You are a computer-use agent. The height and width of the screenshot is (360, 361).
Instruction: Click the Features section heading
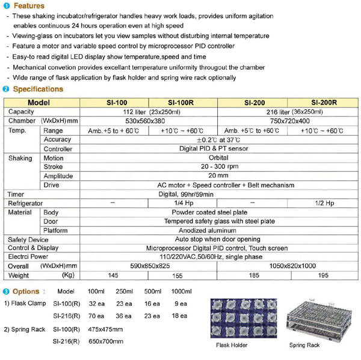[28, 5]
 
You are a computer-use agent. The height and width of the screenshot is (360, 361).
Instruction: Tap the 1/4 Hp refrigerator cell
[181, 203]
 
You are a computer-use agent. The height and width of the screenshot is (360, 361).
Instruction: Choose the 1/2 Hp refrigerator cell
[324, 203]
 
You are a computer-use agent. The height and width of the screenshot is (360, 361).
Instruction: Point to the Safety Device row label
[28, 239]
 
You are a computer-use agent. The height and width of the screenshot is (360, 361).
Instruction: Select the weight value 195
[324, 275]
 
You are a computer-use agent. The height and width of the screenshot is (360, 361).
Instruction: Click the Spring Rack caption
[304, 346]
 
